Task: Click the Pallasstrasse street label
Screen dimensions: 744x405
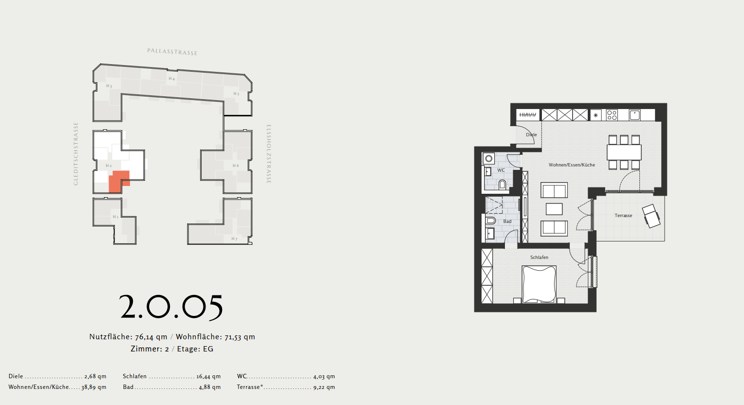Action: [x=172, y=52]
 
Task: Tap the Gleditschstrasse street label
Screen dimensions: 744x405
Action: [x=76, y=154]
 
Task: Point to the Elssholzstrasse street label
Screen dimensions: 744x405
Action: [x=269, y=154]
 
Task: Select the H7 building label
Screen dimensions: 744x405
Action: [x=235, y=239]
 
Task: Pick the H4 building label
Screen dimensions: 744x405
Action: [x=171, y=79]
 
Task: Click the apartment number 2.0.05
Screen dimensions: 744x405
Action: [x=171, y=308]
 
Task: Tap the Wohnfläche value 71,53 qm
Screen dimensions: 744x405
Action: [x=240, y=337]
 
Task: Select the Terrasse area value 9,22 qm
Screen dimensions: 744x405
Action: [x=324, y=387]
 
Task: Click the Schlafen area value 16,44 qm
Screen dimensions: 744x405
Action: [x=208, y=376]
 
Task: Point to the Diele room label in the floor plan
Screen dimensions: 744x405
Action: [x=531, y=135]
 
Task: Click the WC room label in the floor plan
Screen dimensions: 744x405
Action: [x=501, y=170]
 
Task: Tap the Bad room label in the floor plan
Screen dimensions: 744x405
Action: [x=507, y=221]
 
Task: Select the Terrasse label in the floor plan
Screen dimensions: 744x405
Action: [x=623, y=216]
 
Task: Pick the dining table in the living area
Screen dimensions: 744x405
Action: [x=624, y=152]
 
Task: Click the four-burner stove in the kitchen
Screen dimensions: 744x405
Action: [x=612, y=115]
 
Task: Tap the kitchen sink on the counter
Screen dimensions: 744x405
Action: [x=634, y=115]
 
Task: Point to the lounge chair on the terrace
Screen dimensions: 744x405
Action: [x=651, y=216]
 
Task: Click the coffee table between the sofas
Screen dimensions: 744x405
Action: [x=554, y=209]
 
